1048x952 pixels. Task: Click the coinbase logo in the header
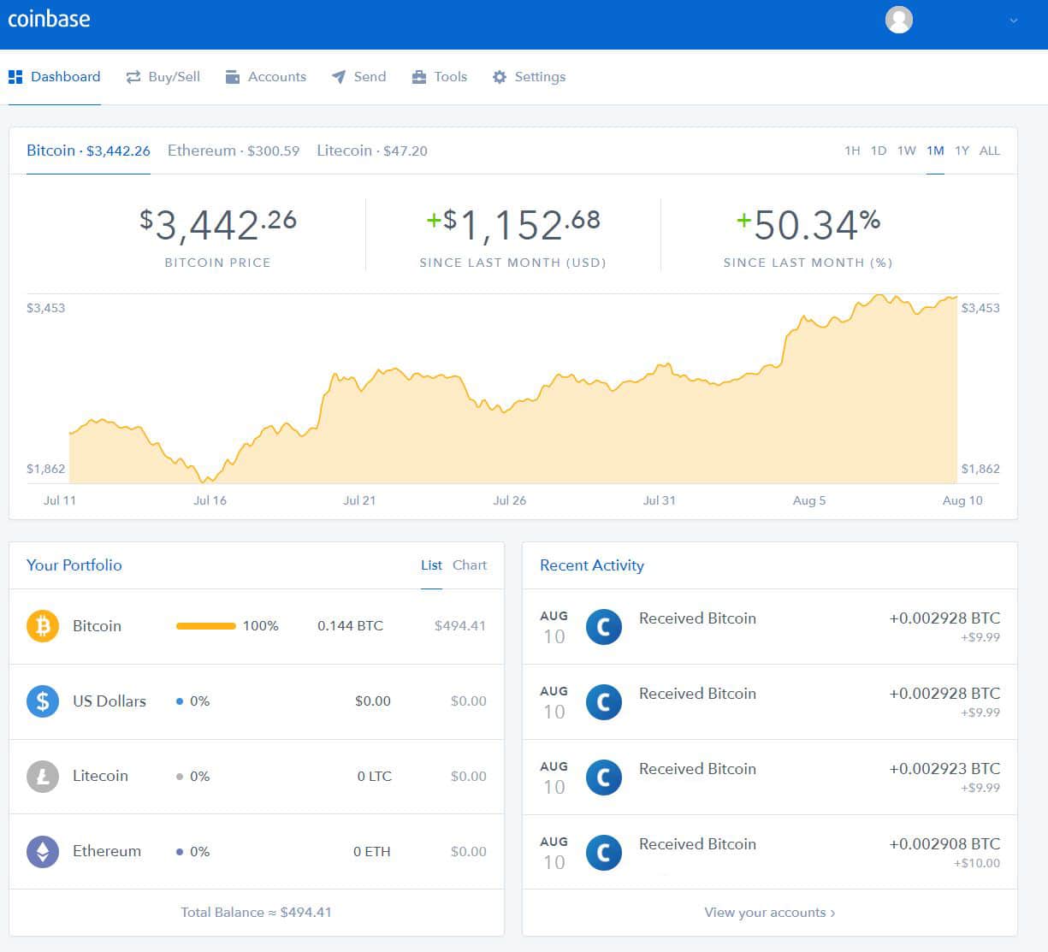tap(49, 19)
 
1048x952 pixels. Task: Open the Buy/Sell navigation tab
tap(163, 77)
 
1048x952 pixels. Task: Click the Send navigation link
tap(359, 77)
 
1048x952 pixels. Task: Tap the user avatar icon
tap(898, 20)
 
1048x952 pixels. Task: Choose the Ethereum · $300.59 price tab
tap(234, 151)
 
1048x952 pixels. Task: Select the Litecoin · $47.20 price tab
tap(371, 151)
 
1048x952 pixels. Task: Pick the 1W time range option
tap(906, 151)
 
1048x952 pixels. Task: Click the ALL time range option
tap(989, 151)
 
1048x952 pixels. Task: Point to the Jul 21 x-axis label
tap(359, 500)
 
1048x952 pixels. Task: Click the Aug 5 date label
tap(808, 500)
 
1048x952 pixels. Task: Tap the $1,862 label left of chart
tap(45, 469)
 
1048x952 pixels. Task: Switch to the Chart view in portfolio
tap(469, 565)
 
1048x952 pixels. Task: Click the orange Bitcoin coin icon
tap(43, 626)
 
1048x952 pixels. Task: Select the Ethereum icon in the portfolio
tap(43, 852)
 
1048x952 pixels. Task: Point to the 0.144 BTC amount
tap(350, 626)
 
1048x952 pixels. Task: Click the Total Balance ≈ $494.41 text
tap(256, 913)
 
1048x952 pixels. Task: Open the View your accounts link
tap(769, 913)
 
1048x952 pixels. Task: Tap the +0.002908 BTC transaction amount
tap(944, 844)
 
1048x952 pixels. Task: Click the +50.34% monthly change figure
tap(808, 225)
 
